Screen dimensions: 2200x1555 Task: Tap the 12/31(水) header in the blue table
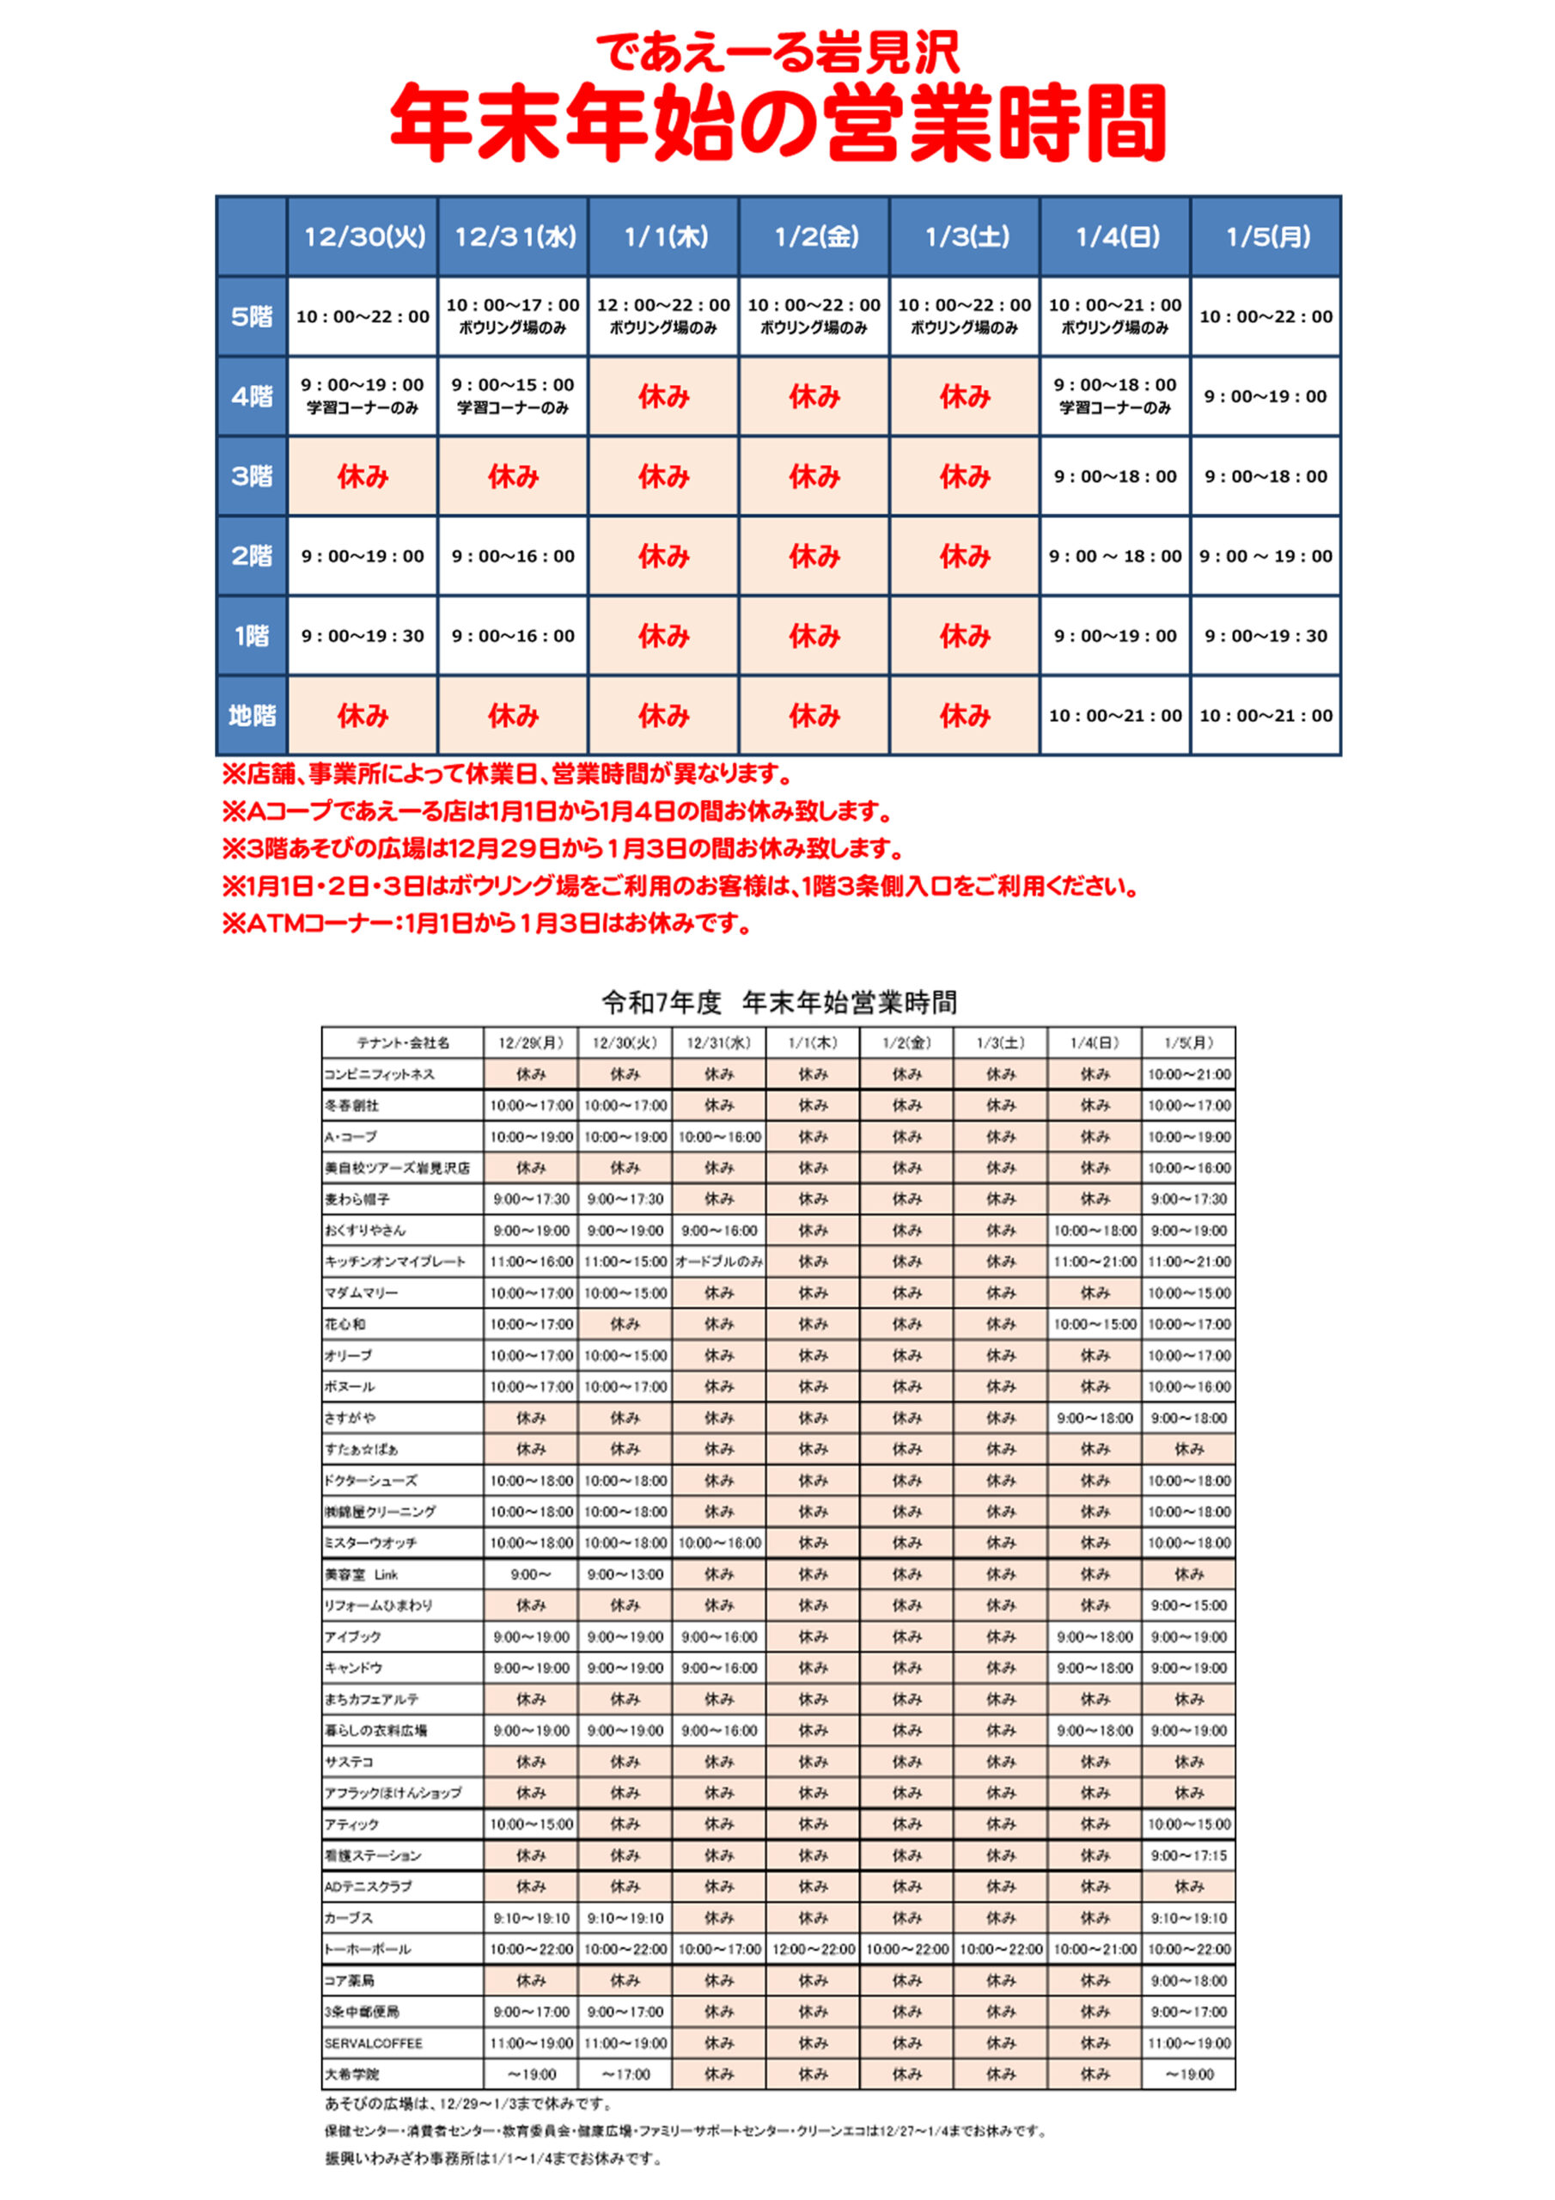[x=515, y=236]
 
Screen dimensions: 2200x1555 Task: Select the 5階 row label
[x=251, y=316]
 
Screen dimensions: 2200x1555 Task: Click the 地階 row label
[x=251, y=715]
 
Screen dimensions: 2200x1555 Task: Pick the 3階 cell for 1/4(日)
[x=1115, y=476]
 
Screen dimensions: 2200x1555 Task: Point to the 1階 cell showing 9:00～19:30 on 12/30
[x=363, y=635]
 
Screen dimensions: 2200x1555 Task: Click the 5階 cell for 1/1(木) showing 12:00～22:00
[x=664, y=315]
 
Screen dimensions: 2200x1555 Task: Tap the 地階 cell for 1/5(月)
[x=1265, y=715]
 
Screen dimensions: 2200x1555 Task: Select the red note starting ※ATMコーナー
[x=487, y=924]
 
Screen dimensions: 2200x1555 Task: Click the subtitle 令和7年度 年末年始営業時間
[x=779, y=1002]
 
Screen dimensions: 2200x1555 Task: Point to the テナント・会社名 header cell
[x=402, y=1042]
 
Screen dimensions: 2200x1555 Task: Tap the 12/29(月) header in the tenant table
[x=531, y=1042]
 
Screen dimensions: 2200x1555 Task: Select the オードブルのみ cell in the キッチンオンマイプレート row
[x=718, y=1262]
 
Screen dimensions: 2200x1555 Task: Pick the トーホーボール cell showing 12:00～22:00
[x=813, y=1949]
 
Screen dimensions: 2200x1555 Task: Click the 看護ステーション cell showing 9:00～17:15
[x=1188, y=1855]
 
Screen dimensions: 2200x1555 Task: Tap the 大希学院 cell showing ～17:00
[x=625, y=2075]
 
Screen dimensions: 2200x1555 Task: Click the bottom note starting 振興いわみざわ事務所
[x=493, y=2159]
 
